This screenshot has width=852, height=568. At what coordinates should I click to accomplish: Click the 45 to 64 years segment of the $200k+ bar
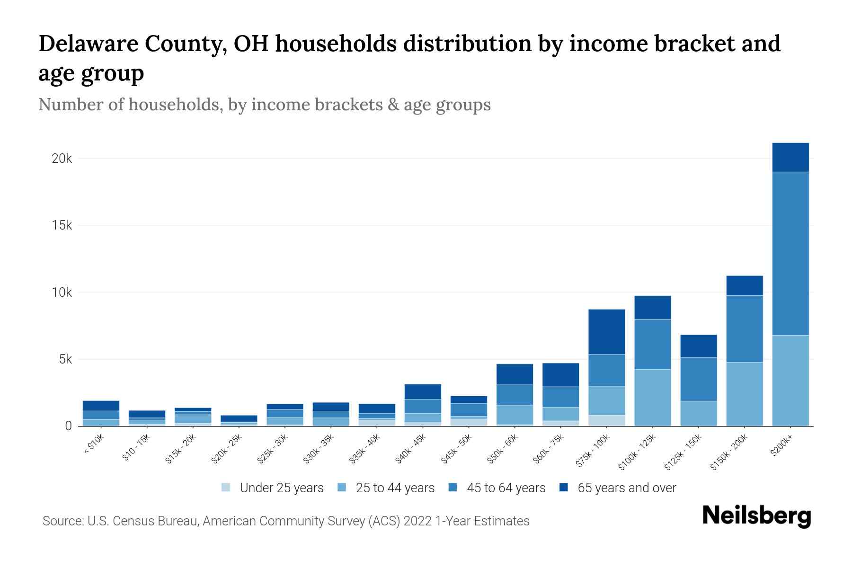click(790, 253)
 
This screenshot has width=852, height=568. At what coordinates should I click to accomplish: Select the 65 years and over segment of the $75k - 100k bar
click(606, 331)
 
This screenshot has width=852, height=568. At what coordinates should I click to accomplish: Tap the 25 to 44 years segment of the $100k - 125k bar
click(652, 398)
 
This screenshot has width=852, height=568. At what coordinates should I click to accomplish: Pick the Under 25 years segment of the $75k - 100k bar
click(606, 420)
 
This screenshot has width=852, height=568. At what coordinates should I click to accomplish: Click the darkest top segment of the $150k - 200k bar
click(744, 285)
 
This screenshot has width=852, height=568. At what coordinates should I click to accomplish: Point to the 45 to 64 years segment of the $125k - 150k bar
click(698, 379)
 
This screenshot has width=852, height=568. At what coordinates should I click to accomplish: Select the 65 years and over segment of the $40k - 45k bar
click(423, 391)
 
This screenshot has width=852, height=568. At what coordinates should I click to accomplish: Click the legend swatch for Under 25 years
click(226, 488)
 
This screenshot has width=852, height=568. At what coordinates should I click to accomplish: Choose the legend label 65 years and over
click(626, 488)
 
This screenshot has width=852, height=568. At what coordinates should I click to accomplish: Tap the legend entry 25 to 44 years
click(395, 488)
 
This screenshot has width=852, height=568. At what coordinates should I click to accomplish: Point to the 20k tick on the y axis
click(62, 159)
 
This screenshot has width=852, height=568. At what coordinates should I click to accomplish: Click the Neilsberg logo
click(756, 516)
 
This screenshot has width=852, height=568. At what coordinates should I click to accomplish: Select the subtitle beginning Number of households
click(264, 105)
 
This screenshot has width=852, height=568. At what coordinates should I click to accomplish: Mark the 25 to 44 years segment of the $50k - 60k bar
click(515, 415)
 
